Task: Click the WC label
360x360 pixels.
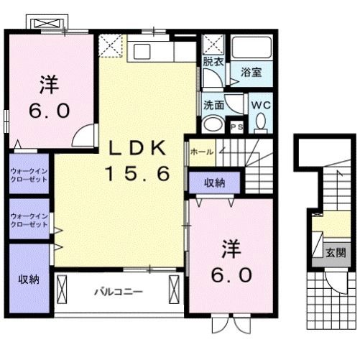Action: click(259, 105)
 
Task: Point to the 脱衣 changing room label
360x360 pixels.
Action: click(213, 62)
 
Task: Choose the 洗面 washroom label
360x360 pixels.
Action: click(213, 104)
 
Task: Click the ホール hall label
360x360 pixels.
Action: click(202, 152)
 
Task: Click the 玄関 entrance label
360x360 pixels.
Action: click(335, 252)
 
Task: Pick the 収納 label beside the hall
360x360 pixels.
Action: click(214, 183)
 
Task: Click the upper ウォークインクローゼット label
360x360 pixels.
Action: click(29, 175)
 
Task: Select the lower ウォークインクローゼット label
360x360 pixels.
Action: click(29, 220)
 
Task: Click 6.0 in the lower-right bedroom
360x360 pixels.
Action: click(231, 275)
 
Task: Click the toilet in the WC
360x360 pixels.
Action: click(260, 124)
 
